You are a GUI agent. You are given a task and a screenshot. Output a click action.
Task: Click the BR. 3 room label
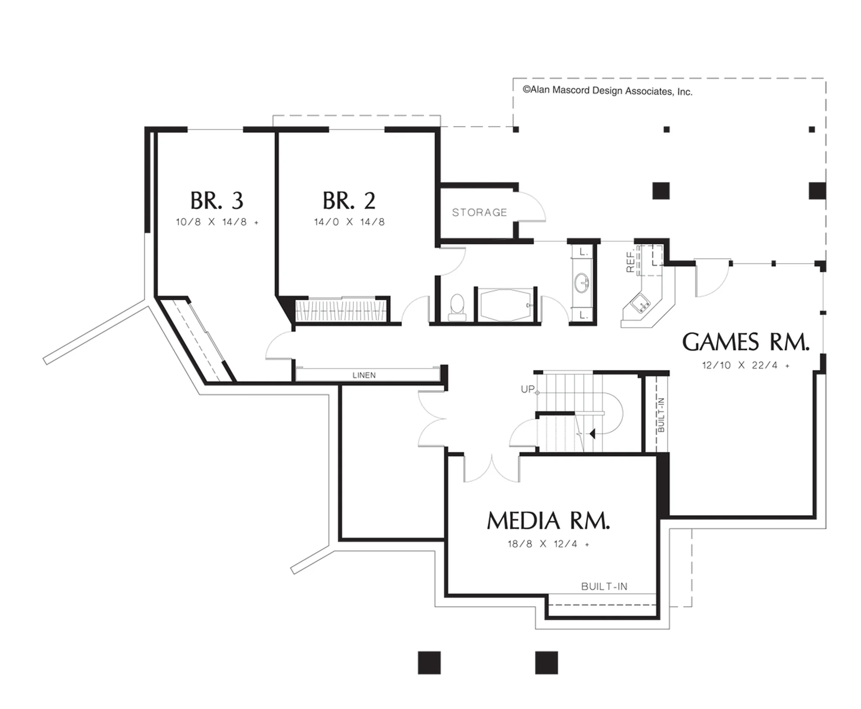point(217,201)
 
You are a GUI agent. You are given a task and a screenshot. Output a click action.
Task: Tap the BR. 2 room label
point(349,201)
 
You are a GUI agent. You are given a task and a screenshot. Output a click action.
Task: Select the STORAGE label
point(480,212)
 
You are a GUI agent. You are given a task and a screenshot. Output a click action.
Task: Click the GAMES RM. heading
point(746,343)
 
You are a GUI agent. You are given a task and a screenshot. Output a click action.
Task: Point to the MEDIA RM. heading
point(548,521)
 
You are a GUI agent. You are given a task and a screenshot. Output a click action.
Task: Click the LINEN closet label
point(364,375)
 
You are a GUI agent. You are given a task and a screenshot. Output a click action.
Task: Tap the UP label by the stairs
point(528,389)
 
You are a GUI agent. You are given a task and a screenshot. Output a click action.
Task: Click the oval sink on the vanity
point(582,283)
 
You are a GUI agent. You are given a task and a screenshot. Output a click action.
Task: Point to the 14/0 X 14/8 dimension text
point(349,222)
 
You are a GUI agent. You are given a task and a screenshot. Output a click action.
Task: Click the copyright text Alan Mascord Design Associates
point(607,91)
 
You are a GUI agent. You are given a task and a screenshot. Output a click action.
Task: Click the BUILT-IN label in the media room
point(604,587)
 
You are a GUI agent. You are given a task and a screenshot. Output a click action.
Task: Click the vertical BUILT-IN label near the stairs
point(661,415)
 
